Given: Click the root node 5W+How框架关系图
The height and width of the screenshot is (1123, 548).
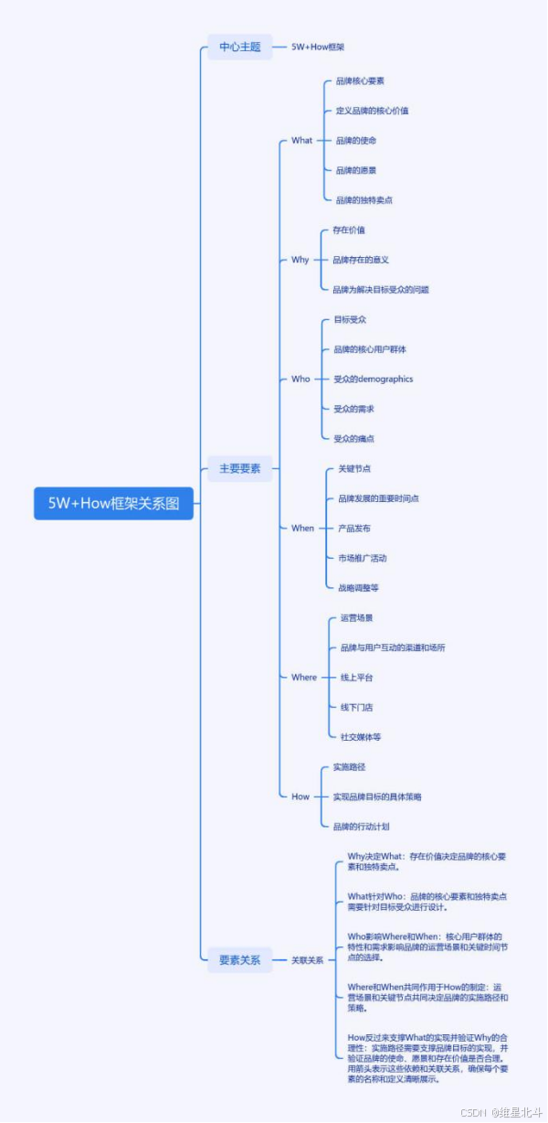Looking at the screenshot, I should pyautogui.click(x=114, y=504).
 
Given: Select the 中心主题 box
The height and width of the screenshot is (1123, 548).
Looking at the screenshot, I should pyautogui.click(x=239, y=47).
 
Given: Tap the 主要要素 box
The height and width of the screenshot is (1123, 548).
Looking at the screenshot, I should pyautogui.click(x=239, y=468).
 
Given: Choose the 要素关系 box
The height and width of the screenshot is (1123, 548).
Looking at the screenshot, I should pyautogui.click(x=239, y=960).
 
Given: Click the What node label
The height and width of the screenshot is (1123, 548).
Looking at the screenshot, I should pyautogui.click(x=301, y=140).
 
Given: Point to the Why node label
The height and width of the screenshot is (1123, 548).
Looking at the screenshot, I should pyautogui.click(x=300, y=260).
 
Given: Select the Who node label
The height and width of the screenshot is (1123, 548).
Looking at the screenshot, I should pyautogui.click(x=300, y=379).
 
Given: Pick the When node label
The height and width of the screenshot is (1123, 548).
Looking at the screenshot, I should pyautogui.click(x=302, y=528).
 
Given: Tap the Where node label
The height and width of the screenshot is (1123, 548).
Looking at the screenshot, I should pyautogui.click(x=304, y=678).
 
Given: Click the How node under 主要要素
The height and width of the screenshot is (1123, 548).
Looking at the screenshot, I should pyautogui.click(x=300, y=797).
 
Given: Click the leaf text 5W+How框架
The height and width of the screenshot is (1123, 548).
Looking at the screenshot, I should pyautogui.click(x=318, y=47).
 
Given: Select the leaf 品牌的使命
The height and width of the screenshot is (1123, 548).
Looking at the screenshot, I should pyautogui.click(x=355, y=140).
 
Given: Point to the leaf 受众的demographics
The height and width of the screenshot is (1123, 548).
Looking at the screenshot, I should pyautogui.click(x=373, y=379).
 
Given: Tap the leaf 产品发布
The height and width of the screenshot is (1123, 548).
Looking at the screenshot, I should pyautogui.click(x=353, y=528).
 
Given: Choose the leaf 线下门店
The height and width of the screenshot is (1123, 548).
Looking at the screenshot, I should pyautogui.click(x=356, y=707).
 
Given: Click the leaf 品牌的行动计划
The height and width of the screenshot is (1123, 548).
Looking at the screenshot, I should pyautogui.click(x=361, y=826).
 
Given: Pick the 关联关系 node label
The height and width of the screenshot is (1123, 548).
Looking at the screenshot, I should pyautogui.click(x=307, y=960).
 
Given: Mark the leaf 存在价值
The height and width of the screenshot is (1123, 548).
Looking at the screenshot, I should pyautogui.click(x=349, y=230).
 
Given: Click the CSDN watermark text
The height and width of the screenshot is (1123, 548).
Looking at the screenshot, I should pyautogui.click(x=473, y=1112).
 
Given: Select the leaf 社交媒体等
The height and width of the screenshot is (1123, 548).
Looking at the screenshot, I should pyautogui.click(x=361, y=736).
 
